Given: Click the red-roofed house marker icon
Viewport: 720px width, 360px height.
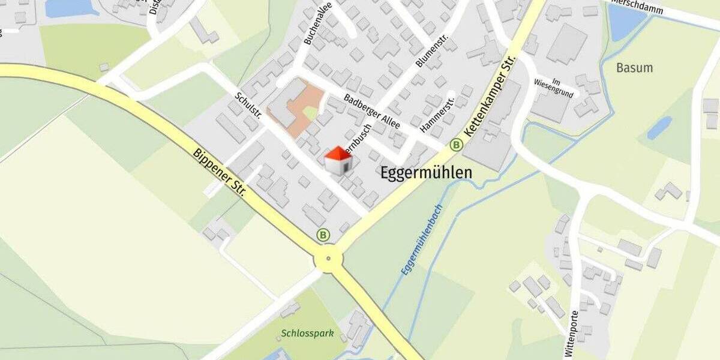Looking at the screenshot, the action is [x=338, y=161].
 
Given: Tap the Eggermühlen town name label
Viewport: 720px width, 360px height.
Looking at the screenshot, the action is [x=426, y=173].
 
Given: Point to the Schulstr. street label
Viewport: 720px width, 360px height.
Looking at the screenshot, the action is [x=248, y=106].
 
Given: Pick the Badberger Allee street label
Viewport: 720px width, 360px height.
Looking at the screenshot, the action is [x=372, y=112].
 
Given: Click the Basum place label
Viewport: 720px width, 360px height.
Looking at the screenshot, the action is [x=634, y=68].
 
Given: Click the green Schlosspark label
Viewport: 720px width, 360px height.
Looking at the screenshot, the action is [x=307, y=333].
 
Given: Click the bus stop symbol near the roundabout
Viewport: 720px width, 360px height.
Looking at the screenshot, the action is [x=324, y=235].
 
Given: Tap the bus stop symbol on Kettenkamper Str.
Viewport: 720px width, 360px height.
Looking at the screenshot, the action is [x=456, y=145].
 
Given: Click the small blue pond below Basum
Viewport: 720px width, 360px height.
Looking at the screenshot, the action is [x=659, y=127].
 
